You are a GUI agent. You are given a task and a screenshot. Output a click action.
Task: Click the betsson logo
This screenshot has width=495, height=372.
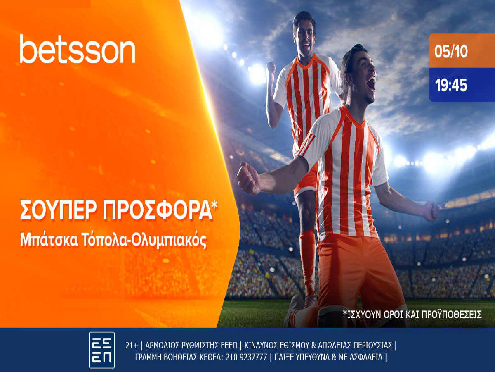click(x=77, y=50)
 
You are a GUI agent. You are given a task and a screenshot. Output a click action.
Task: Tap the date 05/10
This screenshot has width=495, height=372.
click(x=451, y=52)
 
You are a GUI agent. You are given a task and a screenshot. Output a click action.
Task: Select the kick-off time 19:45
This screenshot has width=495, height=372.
click(x=451, y=85)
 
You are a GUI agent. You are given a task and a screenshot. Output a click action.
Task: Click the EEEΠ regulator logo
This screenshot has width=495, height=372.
click(x=102, y=350)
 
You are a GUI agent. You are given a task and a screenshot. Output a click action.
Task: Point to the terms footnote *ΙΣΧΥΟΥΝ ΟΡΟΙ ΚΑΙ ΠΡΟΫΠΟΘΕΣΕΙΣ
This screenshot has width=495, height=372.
click(x=412, y=315)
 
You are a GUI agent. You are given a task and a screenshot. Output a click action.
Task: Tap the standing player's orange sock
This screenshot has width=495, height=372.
click(x=307, y=256)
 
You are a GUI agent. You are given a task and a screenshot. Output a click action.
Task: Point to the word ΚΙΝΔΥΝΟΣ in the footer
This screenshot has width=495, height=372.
click(x=261, y=345)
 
